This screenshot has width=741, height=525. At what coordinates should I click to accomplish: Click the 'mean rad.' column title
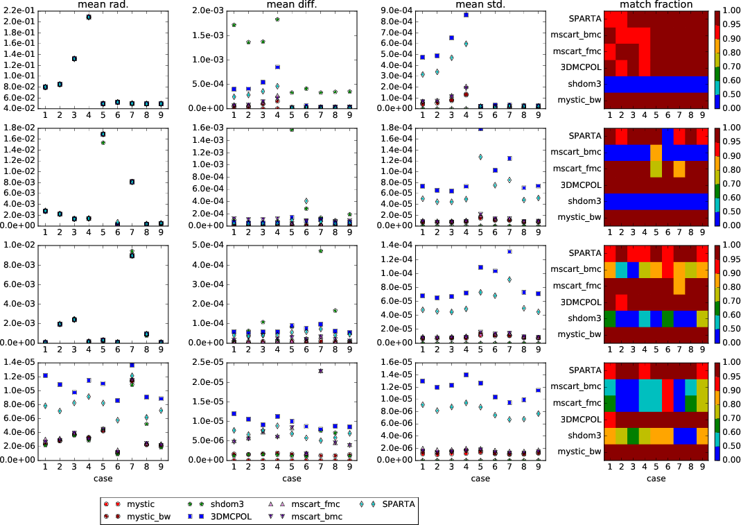click(x=103, y=5)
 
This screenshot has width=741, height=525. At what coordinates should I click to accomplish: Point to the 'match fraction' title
click(x=656, y=5)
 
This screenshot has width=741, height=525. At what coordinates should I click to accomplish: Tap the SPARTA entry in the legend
click(x=399, y=504)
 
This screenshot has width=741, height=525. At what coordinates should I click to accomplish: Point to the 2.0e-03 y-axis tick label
click(x=212, y=10)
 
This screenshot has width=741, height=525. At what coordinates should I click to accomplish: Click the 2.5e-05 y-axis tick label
click(x=212, y=362)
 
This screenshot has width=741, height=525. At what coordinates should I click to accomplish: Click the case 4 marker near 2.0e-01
click(x=89, y=17)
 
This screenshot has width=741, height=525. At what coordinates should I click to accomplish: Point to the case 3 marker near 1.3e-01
click(x=74, y=59)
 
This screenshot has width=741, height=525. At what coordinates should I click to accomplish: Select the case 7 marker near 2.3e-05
click(x=320, y=371)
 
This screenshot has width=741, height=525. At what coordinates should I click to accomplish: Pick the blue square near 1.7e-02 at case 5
click(x=103, y=134)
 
